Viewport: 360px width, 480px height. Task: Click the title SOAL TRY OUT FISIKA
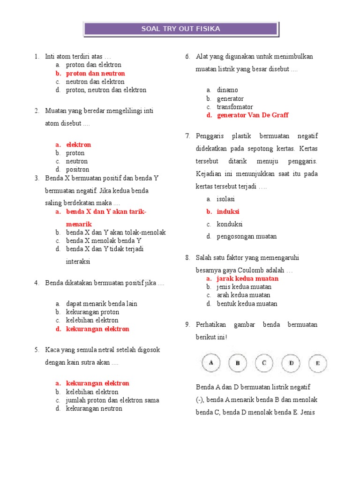[x=180, y=29]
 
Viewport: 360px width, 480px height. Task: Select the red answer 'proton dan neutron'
[x=95, y=74]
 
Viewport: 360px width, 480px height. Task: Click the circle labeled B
[x=238, y=363]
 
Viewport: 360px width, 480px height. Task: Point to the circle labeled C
[x=264, y=363]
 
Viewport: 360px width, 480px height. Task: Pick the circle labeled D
[x=291, y=363]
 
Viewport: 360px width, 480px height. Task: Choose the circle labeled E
[x=318, y=363]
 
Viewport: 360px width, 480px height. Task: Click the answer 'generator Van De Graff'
[x=253, y=115]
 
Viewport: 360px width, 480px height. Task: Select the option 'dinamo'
[x=227, y=90]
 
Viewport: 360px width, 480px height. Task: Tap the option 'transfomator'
[x=235, y=107]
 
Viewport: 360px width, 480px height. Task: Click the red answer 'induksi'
[x=228, y=212]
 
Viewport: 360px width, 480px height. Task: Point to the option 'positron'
[x=77, y=170]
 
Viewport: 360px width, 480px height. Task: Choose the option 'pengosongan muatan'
[x=247, y=237]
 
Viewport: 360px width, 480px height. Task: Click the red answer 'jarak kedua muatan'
[x=247, y=278]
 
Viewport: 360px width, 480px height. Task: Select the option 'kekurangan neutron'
[x=94, y=409]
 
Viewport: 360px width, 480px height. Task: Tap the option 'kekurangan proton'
[x=92, y=312]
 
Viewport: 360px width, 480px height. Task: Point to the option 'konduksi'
[x=230, y=224]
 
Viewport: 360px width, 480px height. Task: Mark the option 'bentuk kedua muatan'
[x=247, y=304]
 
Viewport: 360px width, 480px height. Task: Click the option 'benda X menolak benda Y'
[x=104, y=241]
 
